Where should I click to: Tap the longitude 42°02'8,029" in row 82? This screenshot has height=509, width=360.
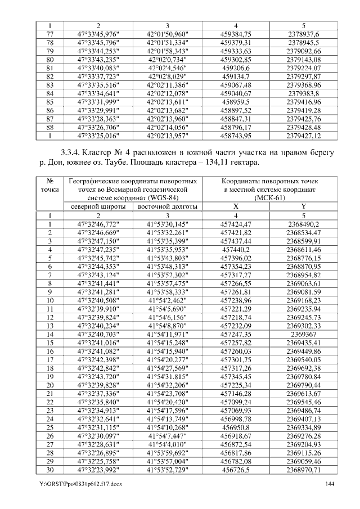167,76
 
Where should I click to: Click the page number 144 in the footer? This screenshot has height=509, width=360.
330,484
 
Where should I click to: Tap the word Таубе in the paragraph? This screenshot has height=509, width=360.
103,163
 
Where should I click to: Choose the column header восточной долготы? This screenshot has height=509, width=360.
167,206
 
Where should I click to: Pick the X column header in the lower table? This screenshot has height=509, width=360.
236,206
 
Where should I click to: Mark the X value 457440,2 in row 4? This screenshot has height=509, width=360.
236,249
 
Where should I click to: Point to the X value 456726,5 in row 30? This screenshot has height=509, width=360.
236,470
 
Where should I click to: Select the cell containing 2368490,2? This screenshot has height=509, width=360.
304,223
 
